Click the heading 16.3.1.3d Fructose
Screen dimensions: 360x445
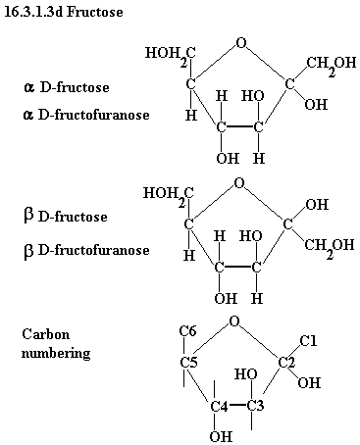pos(64,12)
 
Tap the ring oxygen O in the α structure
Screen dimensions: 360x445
pos(241,43)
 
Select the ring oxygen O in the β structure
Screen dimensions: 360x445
pos(239,183)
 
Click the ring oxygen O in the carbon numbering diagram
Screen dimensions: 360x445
pos(234,321)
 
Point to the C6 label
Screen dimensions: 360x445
pos(187,331)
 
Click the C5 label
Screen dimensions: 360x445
pos(189,363)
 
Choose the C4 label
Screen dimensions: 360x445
pos(219,407)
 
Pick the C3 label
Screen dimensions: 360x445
pos(255,406)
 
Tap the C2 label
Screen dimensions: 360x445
pos(286,363)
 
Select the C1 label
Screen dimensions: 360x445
pos(308,341)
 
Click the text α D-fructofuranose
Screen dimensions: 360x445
pos(86,115)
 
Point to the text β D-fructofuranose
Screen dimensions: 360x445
pos(86,250)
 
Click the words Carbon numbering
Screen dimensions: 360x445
pos(56,344)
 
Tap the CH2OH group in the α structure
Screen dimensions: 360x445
pos(331,64)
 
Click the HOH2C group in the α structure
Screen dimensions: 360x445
pos(171,55)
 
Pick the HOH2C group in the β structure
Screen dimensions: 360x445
pos(169,195)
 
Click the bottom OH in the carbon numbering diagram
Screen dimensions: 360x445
pos(221,436)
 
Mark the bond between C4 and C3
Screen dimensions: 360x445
pos(237,406)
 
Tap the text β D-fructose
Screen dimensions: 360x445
pos(66,217)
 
